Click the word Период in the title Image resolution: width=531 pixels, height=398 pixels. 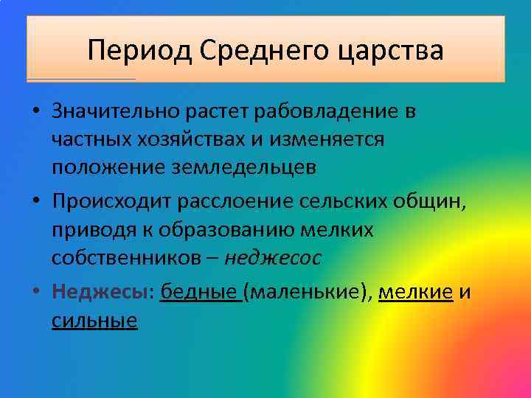pyautogui.click(x=138, y=51)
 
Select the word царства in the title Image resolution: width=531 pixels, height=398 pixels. pyautogui.click(x=395, y=51)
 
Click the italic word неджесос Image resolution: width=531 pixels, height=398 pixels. pyautogui.click(x=273, y=258)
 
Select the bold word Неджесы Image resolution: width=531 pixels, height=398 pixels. pyautogui.click(x=99, y=293)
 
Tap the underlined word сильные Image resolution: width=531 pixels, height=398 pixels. pyautogui.click(x=94, y=321)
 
